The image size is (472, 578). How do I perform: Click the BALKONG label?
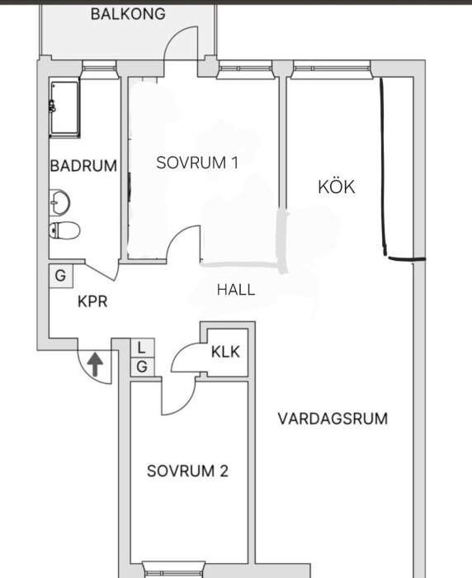click(x=128, y=14)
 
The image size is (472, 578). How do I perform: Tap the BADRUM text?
click(x=83, y=165)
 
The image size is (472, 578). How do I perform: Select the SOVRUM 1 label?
click(x=197, y=163)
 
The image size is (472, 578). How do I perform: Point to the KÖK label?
click(x=336, y=187)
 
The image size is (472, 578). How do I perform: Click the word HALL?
click(x=236, y=290)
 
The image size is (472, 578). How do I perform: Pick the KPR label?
click(x=92, y=301)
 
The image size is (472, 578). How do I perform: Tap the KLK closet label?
click(x=225, y=352)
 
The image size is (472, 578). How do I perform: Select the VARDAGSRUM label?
click(x=333, y=418)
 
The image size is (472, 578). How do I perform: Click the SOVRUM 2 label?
click(x=187, y=471)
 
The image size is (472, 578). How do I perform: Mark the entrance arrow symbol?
click(x=96, y=363)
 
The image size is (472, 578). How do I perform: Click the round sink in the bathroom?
click(x=59, y=201)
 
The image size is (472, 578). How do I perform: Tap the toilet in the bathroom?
click(x=64, y=231)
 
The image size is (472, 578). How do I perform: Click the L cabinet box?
click(x=142, y=348)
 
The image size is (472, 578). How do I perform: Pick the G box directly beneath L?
click(x=142, y=366)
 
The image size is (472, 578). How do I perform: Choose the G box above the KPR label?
click(x=61, y=275)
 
